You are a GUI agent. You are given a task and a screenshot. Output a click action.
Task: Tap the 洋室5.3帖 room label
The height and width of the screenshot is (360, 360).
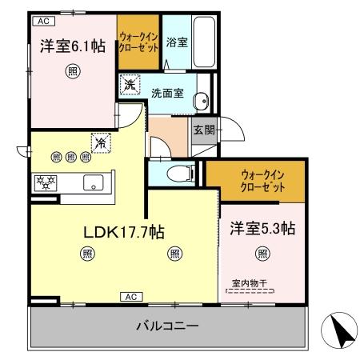pyautogui.click(x=262, y=229)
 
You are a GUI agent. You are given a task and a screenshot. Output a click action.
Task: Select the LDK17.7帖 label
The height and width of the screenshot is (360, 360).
pyautogui.click(x=125, y=233)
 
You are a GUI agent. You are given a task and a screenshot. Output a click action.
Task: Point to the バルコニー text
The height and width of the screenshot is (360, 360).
pyautogui.click(x=166, y=326)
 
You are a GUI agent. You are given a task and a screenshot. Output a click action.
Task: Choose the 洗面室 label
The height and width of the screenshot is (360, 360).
pyautogui.click(x=167, y=93)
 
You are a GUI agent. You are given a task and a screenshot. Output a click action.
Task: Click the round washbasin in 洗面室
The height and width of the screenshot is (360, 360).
pyautogui.click(x=201, y=100)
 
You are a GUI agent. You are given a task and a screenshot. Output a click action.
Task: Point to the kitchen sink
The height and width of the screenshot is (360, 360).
pyautogui.click(x=94, y=182)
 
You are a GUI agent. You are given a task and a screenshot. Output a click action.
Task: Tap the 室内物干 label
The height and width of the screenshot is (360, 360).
pyautogui.click(x=249, y=282)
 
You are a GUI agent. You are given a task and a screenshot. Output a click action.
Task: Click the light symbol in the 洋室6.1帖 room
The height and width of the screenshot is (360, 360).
pyautogui.click(x=71, y=70)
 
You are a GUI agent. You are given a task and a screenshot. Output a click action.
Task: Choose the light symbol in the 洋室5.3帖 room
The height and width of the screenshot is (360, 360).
pyautogui.click(x=262, y=255)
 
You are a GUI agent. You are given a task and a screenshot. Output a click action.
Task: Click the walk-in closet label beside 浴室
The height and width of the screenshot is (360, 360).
pyautogui.click(x=138, y=42)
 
